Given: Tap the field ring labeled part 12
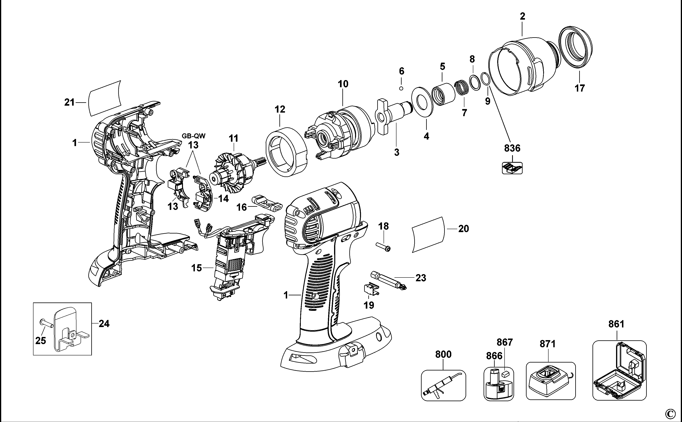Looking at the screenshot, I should pyautogui.click(x=287, y=152).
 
